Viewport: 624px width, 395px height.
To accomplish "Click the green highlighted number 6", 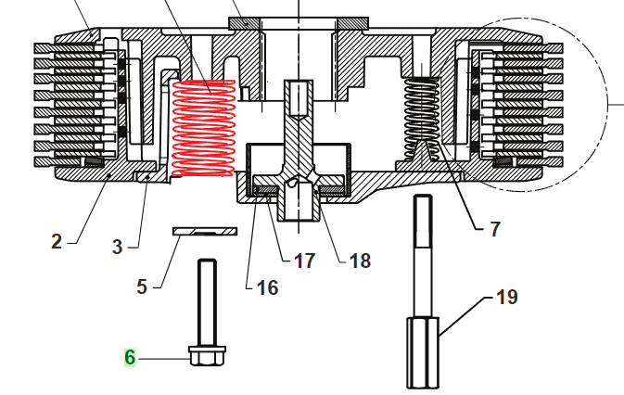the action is coord(130,357).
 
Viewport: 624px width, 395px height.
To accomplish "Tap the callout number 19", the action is coord(507,297).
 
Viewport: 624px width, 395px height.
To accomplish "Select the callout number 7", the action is coord(495,229).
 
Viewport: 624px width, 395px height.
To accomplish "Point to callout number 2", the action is coord(57,241).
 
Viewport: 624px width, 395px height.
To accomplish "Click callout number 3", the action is coord(117,247).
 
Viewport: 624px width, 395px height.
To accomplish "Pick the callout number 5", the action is coord(142,287).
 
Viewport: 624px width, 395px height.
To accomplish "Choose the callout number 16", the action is coord(267,287).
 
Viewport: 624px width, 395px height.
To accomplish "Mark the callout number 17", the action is coord(304,261).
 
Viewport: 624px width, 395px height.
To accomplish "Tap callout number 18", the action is coord(360,261).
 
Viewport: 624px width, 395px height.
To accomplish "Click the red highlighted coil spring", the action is coord(203,128).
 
